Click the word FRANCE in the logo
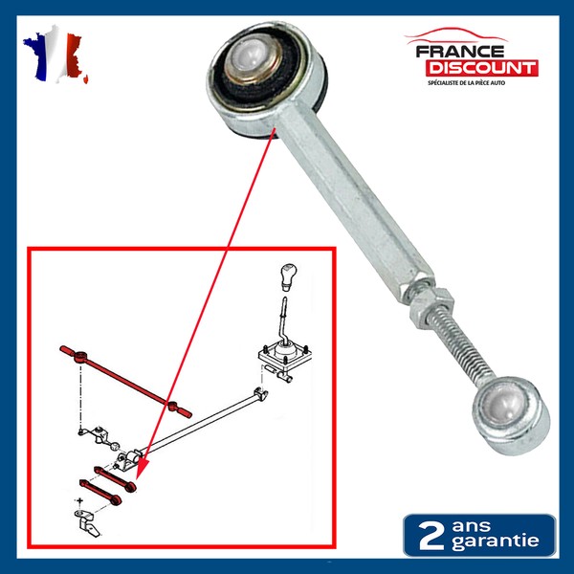pos(460,52)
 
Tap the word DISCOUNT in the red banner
pos(482,68)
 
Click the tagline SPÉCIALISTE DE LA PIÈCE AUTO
pos(467,83)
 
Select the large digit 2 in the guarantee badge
pos(430,535)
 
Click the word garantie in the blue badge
pos(495,541)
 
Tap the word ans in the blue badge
pos(471,526)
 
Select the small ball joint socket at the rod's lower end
pos(511,415)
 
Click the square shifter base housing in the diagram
pos(284,355)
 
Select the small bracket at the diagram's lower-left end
pos(87,521)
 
